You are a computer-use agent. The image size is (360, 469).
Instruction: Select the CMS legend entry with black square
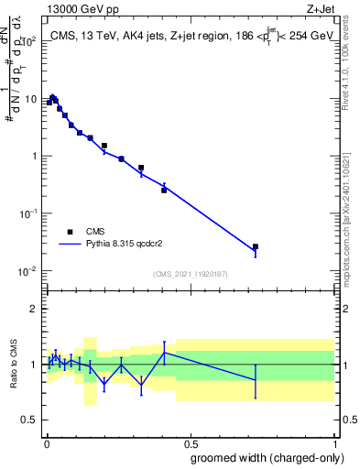click(x=70, y=232)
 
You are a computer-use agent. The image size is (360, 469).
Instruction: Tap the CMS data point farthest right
click(x=256, y=246)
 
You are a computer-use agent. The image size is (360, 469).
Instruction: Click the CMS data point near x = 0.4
click(x=164, y=190)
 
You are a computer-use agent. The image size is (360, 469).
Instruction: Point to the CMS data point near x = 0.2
click(x=104, y=146)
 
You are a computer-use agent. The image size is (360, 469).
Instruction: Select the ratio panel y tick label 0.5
click(x=29, y=421)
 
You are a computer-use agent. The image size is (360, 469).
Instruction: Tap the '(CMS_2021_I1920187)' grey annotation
click(x=190, y=273)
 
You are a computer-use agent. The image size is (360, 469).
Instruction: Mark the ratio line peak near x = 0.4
click(x=164, y=352)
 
